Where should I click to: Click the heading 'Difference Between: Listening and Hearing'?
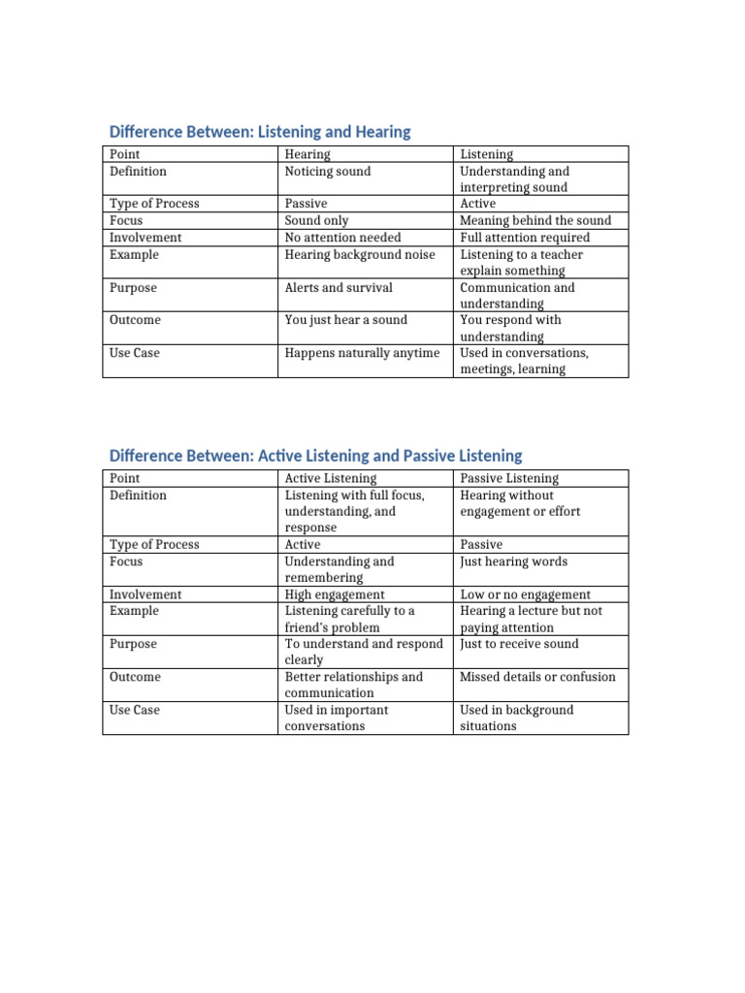tap(260, 132)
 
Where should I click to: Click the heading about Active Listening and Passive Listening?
tap(315, 456)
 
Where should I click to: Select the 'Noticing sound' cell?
tap(328, 172)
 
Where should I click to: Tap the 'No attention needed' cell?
tap(342, 238)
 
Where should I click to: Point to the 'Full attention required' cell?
tap(525, 238)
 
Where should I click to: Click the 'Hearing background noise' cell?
tap(360, 255)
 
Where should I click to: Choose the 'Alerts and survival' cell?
tap(339, 288)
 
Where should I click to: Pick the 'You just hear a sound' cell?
tap(346, 320)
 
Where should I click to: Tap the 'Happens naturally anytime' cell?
tap(362, 353)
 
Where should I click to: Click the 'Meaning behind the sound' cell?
tap(535, 221)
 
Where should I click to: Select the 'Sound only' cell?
tap(316, 221)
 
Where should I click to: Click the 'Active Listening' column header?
tap(331, 478)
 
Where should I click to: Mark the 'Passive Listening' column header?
tap(509, 478)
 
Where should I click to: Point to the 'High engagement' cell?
tap(335, 594)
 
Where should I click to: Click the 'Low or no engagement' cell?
tap(526, 594)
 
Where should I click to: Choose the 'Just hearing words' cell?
tap(514, 561)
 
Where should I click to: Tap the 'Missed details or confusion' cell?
tap(537, 677)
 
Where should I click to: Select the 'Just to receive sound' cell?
tap(519, 644)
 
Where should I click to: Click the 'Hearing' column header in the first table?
tap(308, 154)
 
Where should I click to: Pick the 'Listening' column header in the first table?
tap(487, 154)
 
